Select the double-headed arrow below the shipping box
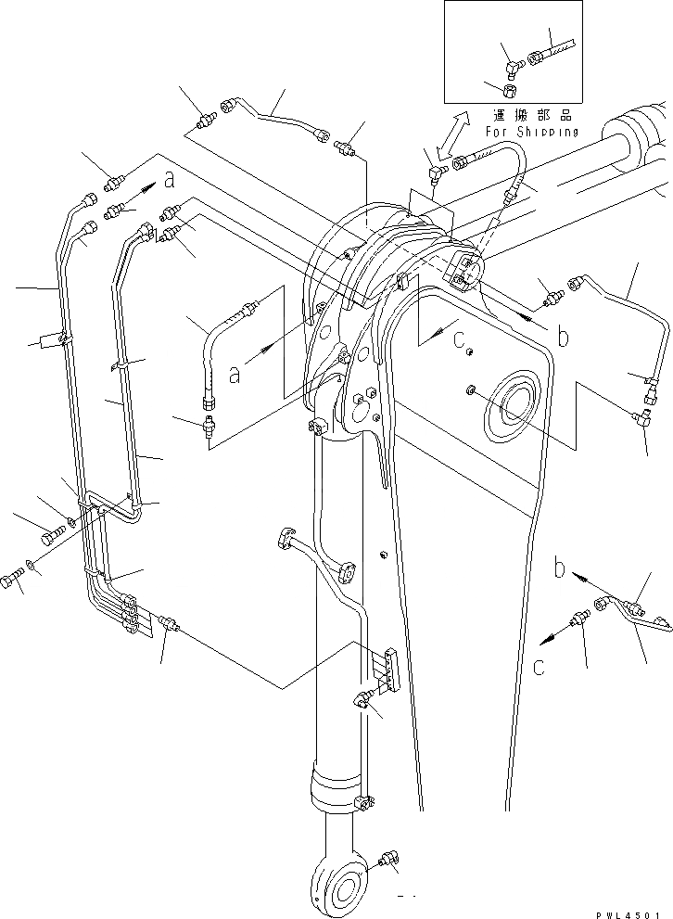[x=450, y=137]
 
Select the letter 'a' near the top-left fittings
[x=169, y=176]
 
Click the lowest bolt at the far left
[x=10, y=581]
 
